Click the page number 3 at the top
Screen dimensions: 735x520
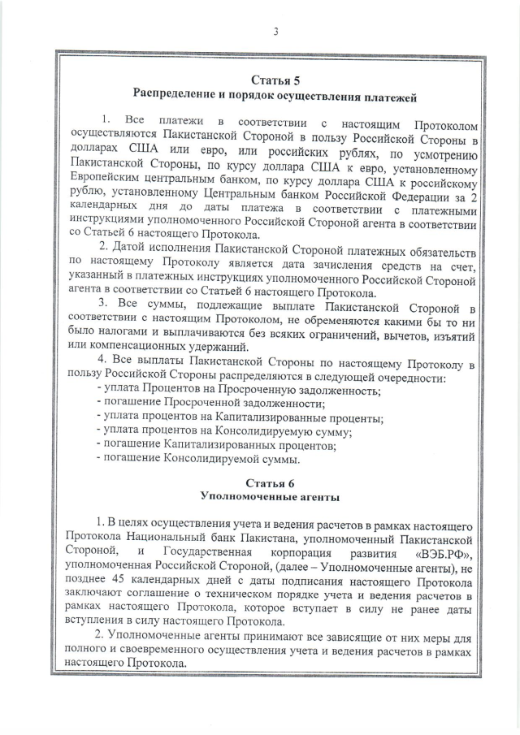tap(275, 32)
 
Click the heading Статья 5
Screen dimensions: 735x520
tap(275, 80)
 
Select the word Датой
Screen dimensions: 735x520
tap(128, 247)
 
